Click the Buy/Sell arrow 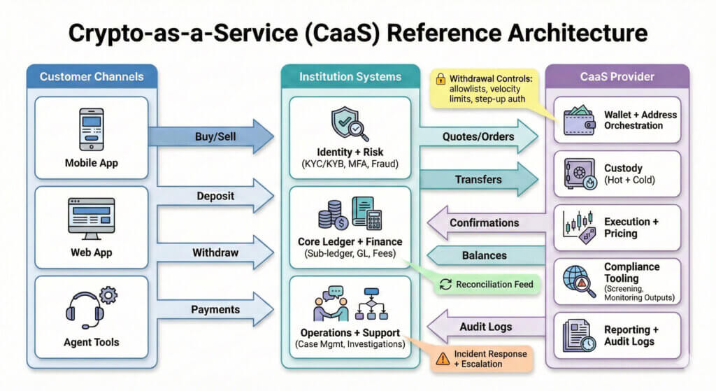[213, 136]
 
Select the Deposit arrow [213, 196]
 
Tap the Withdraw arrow [213, 253]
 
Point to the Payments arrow [213, 309]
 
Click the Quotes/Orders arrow [479, 136]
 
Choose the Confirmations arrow [482, 223]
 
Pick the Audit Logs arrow [482, 327]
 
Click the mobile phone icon [91, 129]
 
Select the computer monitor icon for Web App [91, 218]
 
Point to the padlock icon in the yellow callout [441, 79]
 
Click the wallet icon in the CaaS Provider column [578, 120]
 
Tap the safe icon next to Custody [578, 173]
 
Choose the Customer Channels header [92, 76]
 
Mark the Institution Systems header [350, 76]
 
